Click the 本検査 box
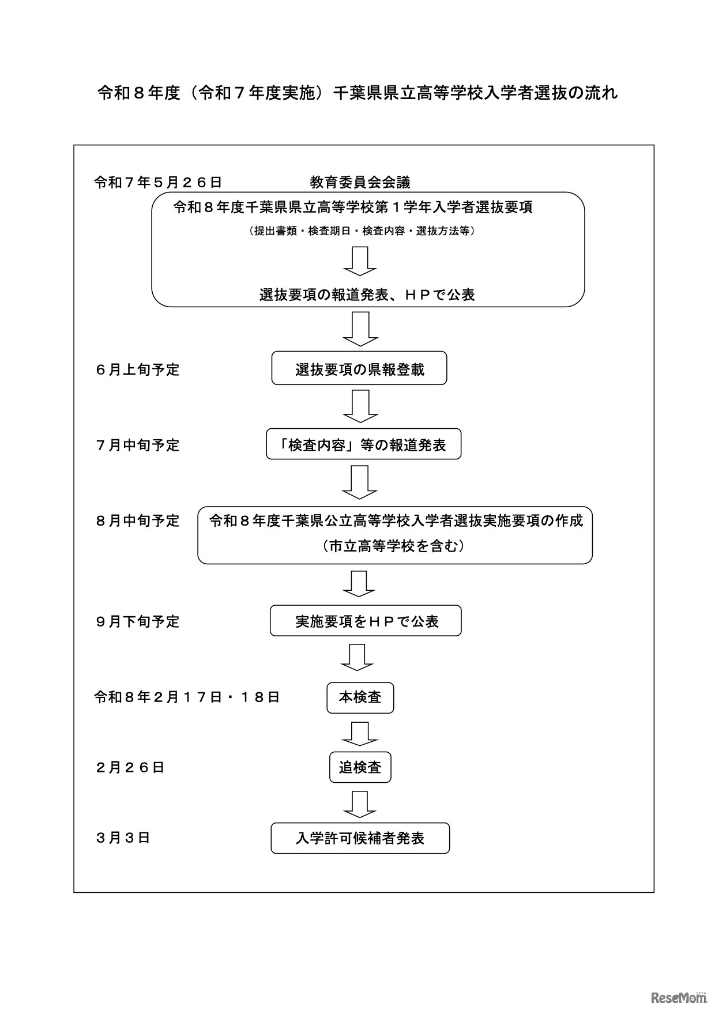pyautogui.click(x=360, y=697)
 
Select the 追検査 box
pyautogui.click(x=360, y=767)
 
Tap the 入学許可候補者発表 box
pyautogui.click(x=360, y=838)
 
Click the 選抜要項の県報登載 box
pyautogui.click(x=359, y=369)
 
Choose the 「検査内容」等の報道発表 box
pyautogui.click(x=363, y=444)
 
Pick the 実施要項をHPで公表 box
pyautogui.click(x=366, y=621)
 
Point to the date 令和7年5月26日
pyautogui.click(x=158, y=183)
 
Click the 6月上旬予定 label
pyautogui.click(x=138, y=369)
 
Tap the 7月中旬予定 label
pyautogui.click(x=138, y=445)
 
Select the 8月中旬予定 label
pyautogui.click(x=138, y=520)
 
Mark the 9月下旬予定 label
pyautogui.click(x=138, y=621)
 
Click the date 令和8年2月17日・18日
pyautogui.click(x=187, y=697)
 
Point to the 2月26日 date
pyautogui.click(x=130, y=767)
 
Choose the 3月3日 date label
pyautogui.click(x=123, y=838)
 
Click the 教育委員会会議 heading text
pyautogui.click(x=360, y=183)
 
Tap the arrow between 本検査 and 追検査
pyautogui.click(x=360, y=733)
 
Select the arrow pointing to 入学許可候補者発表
pyautogui.click(x=360, y=803)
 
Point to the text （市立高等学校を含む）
pyautogui.click(x=394, y=546)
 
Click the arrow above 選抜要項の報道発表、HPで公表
pyautogui.click(x=360, y=261)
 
